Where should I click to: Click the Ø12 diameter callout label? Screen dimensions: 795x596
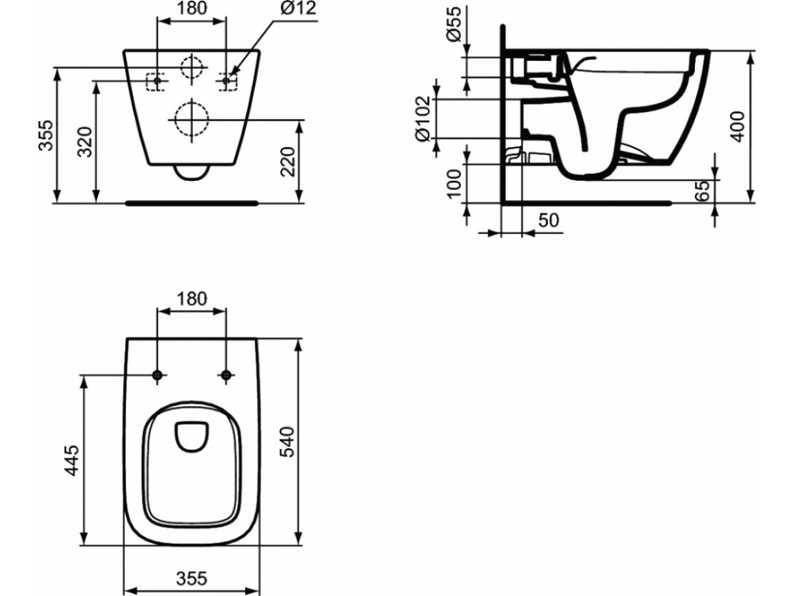point(297,9)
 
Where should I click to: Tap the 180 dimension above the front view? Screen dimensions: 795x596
point(192,8)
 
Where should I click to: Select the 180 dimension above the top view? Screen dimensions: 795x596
point(192,298)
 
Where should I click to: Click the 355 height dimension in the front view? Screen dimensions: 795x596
point(46,135)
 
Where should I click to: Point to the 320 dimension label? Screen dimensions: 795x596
point(86,142)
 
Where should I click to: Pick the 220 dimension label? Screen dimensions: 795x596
point(289,162)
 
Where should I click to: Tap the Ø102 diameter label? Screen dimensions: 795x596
point(423,119)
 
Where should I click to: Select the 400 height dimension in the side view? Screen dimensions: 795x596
point(737,126)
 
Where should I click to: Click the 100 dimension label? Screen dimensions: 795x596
point(454,184)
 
